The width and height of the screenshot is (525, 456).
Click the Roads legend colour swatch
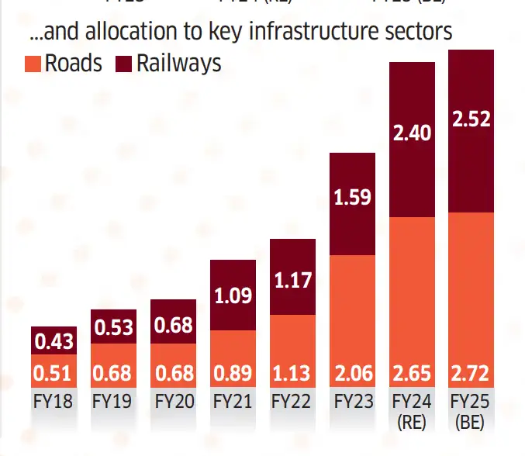point(34,64)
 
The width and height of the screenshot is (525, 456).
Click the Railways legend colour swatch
point(125,64)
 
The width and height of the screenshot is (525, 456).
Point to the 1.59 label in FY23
point(353,196)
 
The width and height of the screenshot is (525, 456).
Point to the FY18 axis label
point(54,403)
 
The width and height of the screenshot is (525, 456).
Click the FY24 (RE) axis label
point(412,412)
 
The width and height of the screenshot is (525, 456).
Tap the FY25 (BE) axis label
point(471,412)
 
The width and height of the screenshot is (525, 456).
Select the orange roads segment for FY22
point(293,341)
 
